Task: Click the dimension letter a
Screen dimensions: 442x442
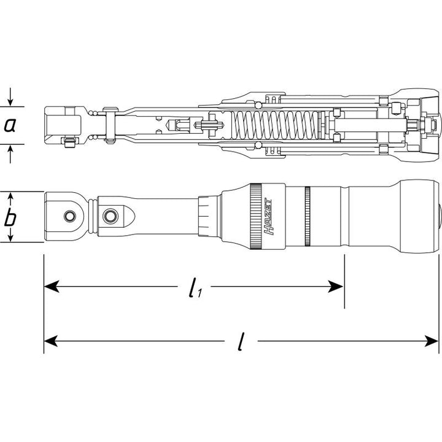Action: tap(10, 125)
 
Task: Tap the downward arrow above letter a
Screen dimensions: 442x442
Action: tap(10, 100)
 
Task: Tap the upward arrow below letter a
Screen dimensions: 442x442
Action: tap(10, 151)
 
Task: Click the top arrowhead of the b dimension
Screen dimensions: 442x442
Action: tap(10, 196)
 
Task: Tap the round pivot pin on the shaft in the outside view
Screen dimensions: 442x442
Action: tap(110, 215)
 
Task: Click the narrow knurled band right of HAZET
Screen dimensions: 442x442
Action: tap(308, 216)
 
